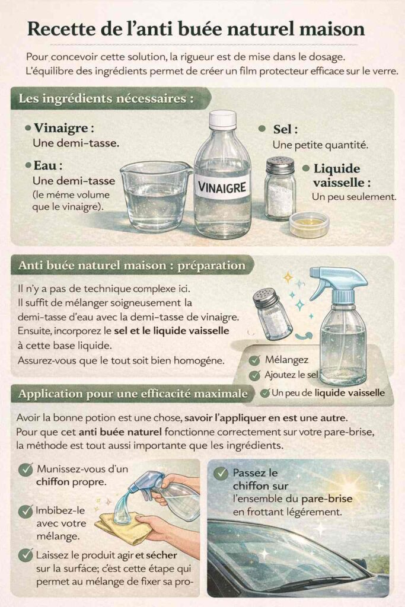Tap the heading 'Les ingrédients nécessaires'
click(x=107, y=98)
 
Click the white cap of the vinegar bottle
click(x=222, y=119)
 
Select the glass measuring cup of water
click(x=155, y=196)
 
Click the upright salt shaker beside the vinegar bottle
click(x=279, y=188)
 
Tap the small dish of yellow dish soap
click(x=309, y=223)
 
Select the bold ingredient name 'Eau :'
click(x=48, y=166)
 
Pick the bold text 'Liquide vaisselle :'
click(x=336, y=175)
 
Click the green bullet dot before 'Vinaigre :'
click(x=28, y=128)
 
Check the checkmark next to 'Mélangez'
click(x=254, y=360)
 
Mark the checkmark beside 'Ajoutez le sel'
click(x=254, y=375)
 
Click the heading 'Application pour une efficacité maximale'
click(x=133, y=393)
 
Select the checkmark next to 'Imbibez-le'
click(x=25, y=511)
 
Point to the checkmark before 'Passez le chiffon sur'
click(x=221, y=473)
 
